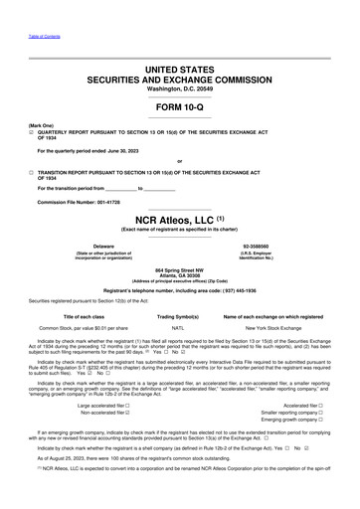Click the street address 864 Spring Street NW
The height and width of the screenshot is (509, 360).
coord(179,269)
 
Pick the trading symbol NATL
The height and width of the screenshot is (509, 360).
coord(179,326)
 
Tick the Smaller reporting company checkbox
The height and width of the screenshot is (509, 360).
coord(320,414)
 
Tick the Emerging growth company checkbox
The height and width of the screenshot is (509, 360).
coord(320,422)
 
